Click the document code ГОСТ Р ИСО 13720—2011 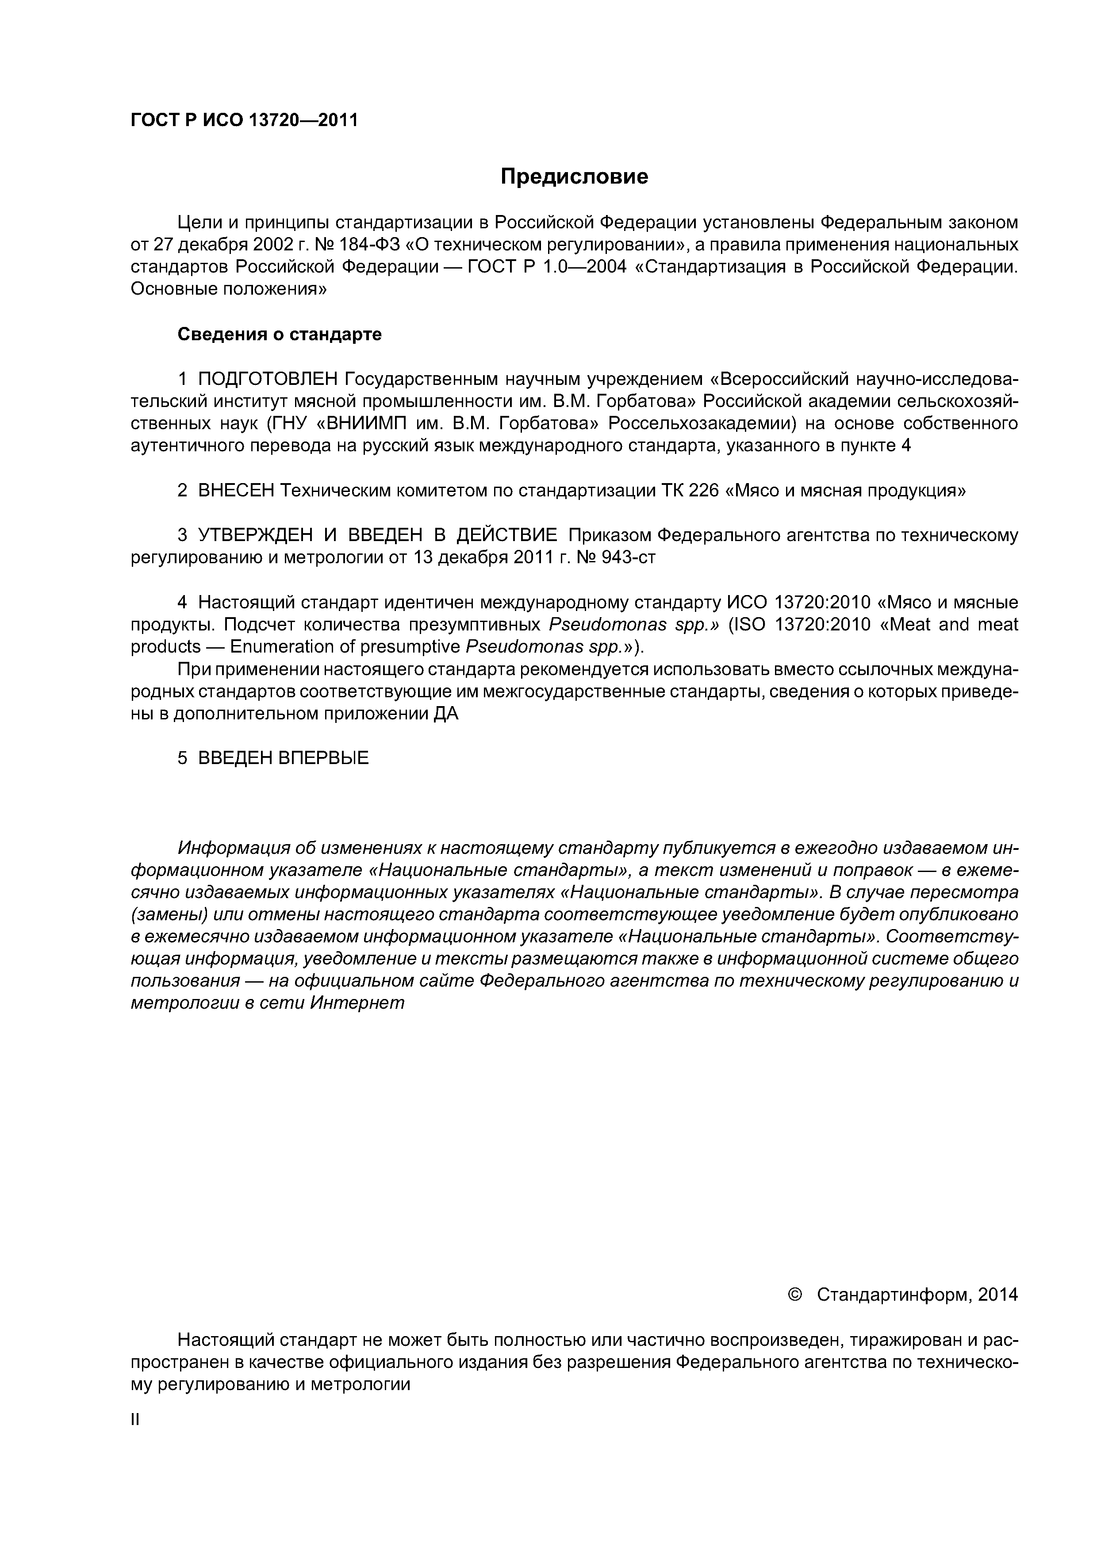point(243,120)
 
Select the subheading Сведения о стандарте point(279,334)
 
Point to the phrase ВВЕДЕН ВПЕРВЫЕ point(283,758)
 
